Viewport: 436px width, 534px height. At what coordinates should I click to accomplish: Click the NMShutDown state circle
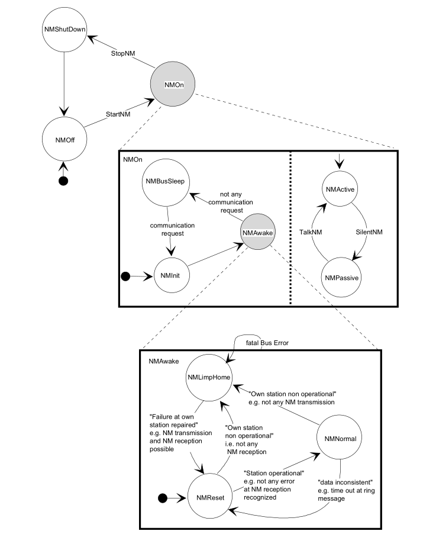tap(63, 28)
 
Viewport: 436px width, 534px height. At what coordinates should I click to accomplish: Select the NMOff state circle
tap(63, 139)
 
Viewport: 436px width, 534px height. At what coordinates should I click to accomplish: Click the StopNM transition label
tap(123, 53)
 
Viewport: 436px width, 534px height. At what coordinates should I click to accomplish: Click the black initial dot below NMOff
tap(63, 181)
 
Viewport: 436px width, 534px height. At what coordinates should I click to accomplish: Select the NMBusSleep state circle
tap(166, 182)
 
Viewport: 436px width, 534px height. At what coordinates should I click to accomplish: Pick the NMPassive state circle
tap(340, 276)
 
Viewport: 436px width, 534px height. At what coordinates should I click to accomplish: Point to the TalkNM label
tap(311, 232)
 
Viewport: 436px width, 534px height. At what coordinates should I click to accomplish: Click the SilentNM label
tap(370, 232)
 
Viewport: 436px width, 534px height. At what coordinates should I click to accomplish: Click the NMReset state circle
tap(209, 498)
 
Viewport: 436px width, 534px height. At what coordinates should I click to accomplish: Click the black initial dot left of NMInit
tap(125, 276)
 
